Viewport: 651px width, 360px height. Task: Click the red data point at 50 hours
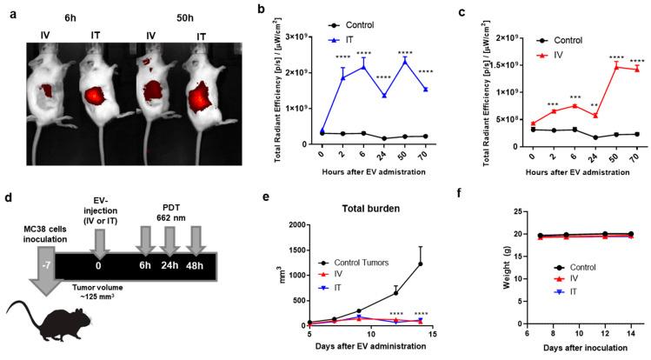pos(612,66)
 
